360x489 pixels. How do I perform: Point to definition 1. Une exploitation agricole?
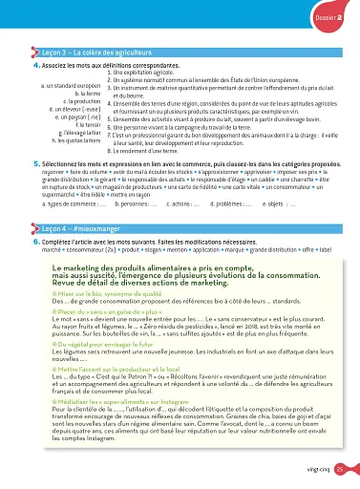[x=147, y=73]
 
